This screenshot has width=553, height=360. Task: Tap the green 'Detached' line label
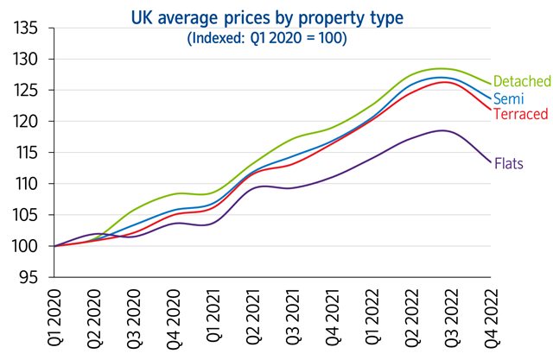click(522, 81)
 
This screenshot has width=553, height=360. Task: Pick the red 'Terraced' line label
click(522, 114)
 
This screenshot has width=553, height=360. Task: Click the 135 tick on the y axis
click(26, 28)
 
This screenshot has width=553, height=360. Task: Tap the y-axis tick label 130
click(26, 60)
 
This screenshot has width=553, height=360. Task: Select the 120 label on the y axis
click(26, 122)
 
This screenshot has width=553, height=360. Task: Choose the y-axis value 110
click(26, 184)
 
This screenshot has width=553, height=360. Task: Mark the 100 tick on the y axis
click(26, 246)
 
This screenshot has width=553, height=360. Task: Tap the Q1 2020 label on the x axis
click(56, 320)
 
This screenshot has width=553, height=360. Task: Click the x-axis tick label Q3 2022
click(452, 320)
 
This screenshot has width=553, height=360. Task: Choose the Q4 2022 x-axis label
click(492, 320)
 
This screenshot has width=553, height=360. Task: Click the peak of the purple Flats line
click(442, 130)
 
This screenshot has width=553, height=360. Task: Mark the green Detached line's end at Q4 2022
click(492, 84)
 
